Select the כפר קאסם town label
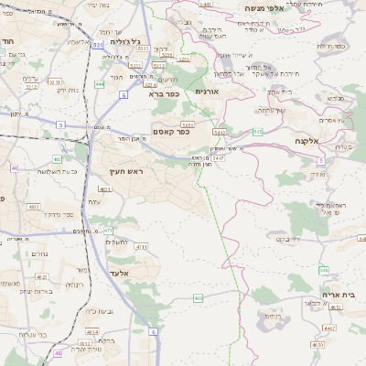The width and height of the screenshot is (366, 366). [x=170, y=131]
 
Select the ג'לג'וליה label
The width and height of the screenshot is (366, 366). [x=127, y=42]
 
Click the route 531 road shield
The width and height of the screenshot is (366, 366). [x=98, y=44]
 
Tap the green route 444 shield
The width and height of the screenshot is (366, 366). [x=98, y=84]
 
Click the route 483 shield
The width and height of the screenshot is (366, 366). [x=57, y=159]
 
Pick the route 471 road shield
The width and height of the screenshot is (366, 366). [x=108, y=231]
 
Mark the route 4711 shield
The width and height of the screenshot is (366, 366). [x=141, y=246]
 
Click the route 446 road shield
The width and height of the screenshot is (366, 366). [x=324, y=270]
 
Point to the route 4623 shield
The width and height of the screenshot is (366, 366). [x=42, y=275]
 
